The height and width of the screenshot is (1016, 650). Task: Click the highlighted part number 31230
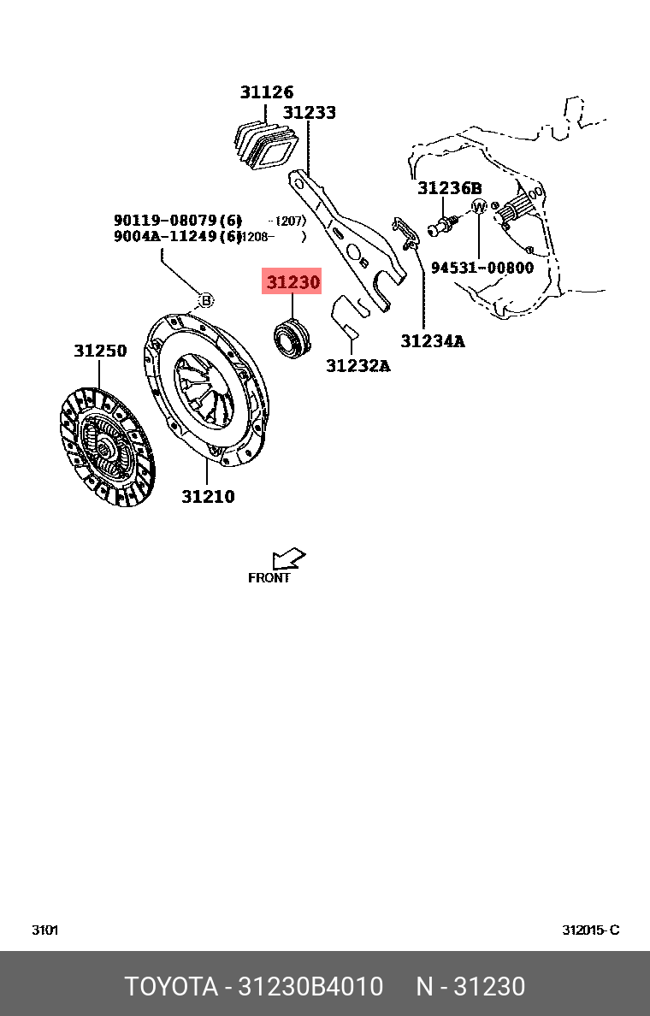[292, 281]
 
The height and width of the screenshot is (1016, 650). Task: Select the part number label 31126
[266, 92]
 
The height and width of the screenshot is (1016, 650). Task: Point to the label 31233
[310, 113]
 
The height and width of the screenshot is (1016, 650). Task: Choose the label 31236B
[449, 188]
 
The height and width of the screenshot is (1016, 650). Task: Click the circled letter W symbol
[479, 207]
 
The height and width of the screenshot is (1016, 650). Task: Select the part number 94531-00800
[482, 268]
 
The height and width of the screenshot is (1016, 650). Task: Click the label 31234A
[433, 341]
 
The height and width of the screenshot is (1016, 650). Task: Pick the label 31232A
[357, 366]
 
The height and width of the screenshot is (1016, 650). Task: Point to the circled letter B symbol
[205, 299]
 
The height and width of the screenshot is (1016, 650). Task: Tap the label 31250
[99, 351]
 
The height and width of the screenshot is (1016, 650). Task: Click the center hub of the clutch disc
[104, 447]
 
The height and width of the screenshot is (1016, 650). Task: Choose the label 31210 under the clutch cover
[208, 496]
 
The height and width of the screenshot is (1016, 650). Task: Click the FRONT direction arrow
[288, 559]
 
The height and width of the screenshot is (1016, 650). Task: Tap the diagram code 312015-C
[590, 930]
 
